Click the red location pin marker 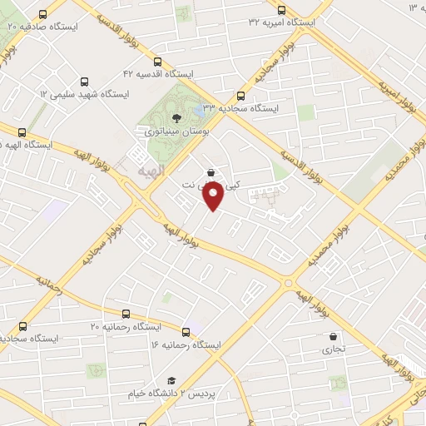pyautogui.click(x=213, y=196)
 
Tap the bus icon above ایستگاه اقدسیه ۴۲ pyautogui.click(x=158, y=61)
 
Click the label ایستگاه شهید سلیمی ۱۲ pyautogui.click(x=82, y=96)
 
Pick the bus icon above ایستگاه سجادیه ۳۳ pyautogui.click(x=242, y=96)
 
